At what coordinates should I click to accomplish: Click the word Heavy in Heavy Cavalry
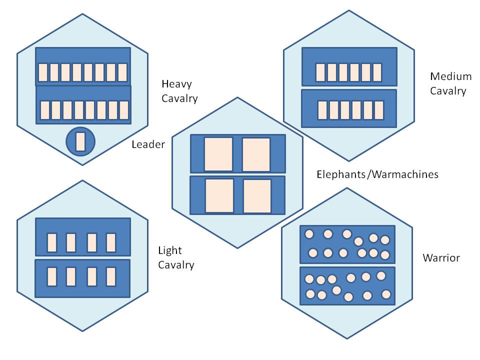click(x=176, y=84)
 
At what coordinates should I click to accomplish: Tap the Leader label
click(x=148, y=144)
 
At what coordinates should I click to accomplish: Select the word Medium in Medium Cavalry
click(x=450, y=76)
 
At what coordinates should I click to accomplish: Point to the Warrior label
click(x=441, y=258)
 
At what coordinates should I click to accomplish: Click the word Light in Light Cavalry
click(x=170, y=250)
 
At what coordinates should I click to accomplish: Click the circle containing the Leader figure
click(x=80, y=141)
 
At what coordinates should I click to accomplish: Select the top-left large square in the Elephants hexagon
click(x=218, y=154)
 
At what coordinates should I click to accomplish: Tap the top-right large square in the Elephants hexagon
click(x=256, y=154)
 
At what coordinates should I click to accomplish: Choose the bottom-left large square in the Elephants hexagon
click(x=219, y=195)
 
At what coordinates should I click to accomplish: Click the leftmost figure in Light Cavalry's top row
click(x=51, y=242)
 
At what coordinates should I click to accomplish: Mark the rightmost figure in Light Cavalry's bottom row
click(x=111, y=276)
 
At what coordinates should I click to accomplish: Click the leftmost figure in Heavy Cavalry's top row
click(x=43, y=72)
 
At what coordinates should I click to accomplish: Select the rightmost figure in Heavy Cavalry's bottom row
click(x=124, y=110)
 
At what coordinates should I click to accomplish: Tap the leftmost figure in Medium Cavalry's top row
click(x=320, y=72)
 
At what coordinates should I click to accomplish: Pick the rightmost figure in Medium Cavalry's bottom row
click(x=378, y=109)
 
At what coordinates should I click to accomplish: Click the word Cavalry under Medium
click(x=448, y=91)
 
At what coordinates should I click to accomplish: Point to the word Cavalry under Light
click(x=176, y=265)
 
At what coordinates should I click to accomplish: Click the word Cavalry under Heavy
click(x=179, y=98)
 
